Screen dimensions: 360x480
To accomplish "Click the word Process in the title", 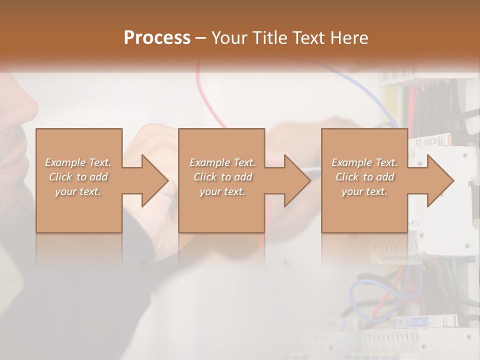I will click(157, 38).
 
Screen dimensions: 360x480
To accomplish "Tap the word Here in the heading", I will click(348, 38).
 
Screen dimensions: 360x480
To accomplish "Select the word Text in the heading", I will click(307, 38).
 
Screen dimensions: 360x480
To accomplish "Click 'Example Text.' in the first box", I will click(78, 162).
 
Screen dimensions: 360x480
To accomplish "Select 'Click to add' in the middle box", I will click(222, 177).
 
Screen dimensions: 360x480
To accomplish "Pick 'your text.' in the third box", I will click(364, 191).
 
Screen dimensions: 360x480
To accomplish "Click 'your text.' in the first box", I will click(78, 191).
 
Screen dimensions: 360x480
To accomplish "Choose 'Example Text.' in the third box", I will click(364, 162).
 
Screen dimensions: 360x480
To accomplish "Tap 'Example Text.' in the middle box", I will click(222, 162).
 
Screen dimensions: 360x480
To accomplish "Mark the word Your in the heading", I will click(228, 38).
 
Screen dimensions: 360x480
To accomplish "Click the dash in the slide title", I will click(201, 38).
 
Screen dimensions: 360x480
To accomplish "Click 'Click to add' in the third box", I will click(364, 177).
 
